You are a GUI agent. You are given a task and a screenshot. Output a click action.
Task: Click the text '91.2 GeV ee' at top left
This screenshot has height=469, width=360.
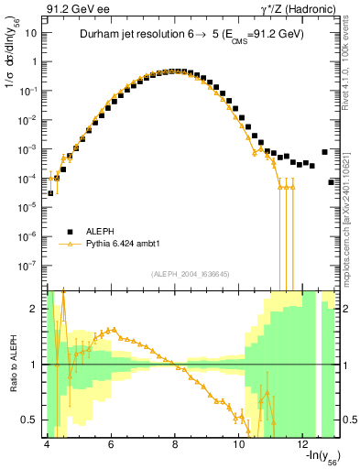(x=71, y=10)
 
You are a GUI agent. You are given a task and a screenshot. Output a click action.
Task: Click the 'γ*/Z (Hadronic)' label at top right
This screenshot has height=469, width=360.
(x=296, y=10)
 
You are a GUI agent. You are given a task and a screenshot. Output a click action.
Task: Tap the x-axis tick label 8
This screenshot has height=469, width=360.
(x=175, y=444)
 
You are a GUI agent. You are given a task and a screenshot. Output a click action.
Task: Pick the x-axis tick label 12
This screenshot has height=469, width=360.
(x=303, y=444)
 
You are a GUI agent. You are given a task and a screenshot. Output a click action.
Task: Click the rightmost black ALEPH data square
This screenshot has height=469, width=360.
(x=332, y=182)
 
